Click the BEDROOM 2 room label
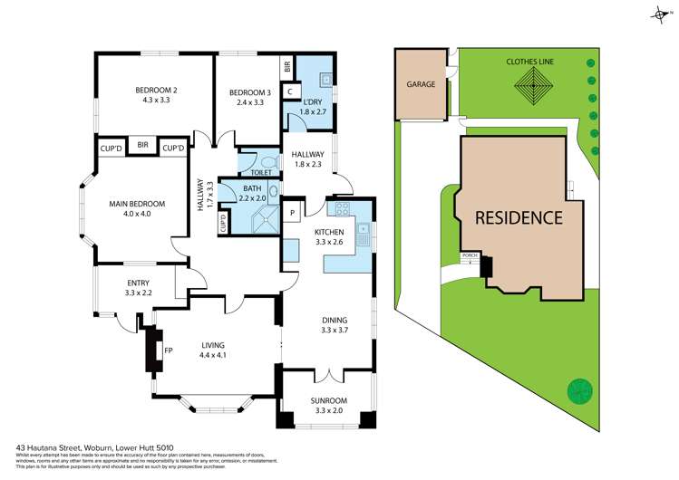pos(156,91)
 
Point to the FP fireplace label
pos(167,349)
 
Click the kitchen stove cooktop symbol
pos(344,210)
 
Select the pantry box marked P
pos(293,213)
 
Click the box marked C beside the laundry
pos(288,91)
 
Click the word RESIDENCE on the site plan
pos(519,217)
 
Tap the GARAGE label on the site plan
pos(421,84)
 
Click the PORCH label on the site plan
pos(470,255)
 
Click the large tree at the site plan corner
pos(577,391)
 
